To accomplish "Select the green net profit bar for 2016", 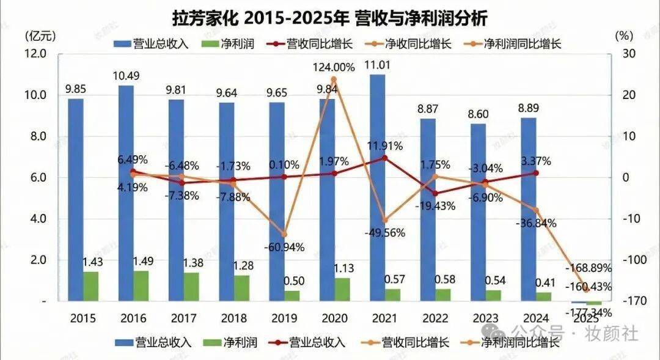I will click(x=141, y=285).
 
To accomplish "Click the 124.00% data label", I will click(x=334, y=67).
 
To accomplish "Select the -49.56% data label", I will click(x=384, y=233).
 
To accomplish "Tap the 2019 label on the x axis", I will click(x=284, y=318).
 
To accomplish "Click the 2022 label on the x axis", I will click(x=435, y=318).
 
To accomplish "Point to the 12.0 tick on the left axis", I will click(x=35, y=54).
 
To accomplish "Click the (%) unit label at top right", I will click(x=621, y=35).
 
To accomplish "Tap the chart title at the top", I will click(x=330, y=18).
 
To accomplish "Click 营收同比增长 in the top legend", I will click(x=311, y=43).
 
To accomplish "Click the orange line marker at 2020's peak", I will click(x=333, y=79).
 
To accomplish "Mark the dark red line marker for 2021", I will click(x=384, y=158).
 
